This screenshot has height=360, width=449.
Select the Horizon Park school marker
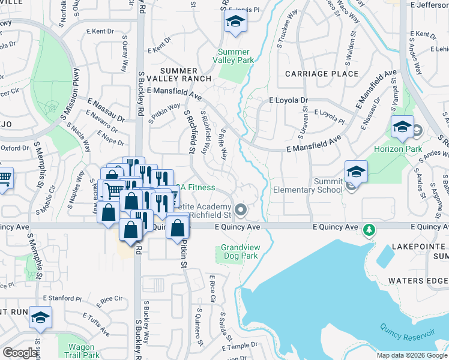(x=402, y=127)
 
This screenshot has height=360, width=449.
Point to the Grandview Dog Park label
(x=239, y=251)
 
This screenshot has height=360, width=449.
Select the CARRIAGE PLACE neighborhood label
(x=322, y=74)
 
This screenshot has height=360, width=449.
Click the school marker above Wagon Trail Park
(x=40, y=318)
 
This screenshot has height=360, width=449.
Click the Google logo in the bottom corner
(x=20, y=353)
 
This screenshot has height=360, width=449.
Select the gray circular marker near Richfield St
(x=241, y=209)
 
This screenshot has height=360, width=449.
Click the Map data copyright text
(x=411, y=355)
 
